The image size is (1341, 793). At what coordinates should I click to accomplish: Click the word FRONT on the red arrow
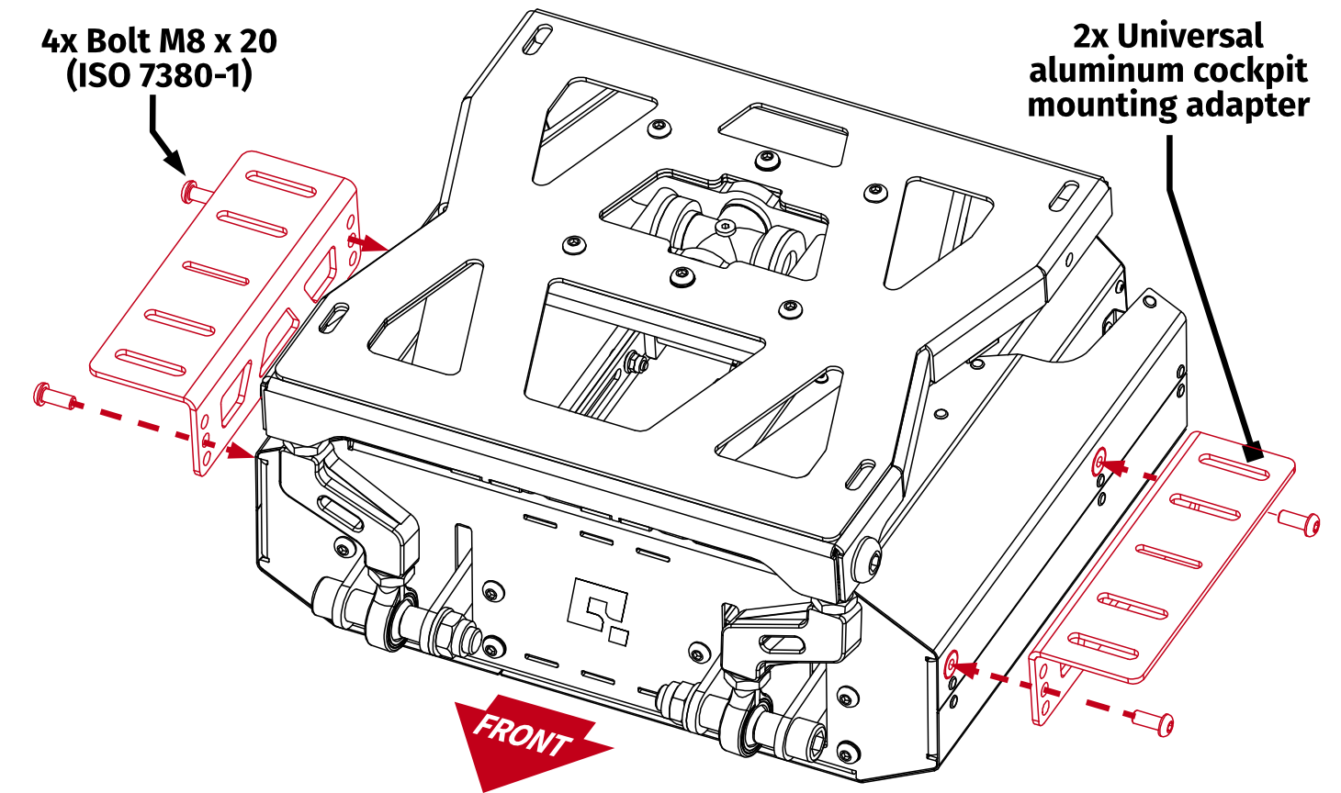pos(523,734)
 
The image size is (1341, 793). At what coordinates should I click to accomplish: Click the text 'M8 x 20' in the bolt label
pos(217,41)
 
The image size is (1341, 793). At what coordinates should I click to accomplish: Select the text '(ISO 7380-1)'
pos(158,75)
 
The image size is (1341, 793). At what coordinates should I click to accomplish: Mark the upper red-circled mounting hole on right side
pos(1100,463)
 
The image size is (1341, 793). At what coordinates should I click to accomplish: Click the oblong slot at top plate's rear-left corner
pos(541,41)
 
